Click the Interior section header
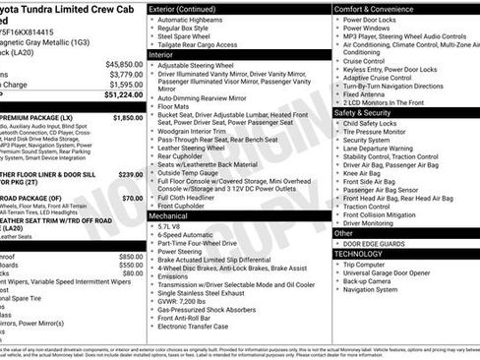coord(162,56)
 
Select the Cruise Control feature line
coord(363,61)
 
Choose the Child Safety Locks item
coord(372,122)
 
